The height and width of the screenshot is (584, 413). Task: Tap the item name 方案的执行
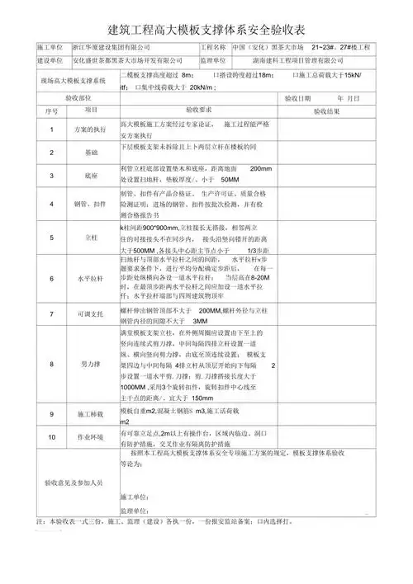(90, 130)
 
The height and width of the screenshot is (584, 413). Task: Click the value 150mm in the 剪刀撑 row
(202, 398)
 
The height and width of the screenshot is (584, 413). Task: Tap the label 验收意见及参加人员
(74, 483)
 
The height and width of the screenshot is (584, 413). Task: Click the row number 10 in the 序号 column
(50, 437)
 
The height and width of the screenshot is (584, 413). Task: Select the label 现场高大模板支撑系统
(74, 82)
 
